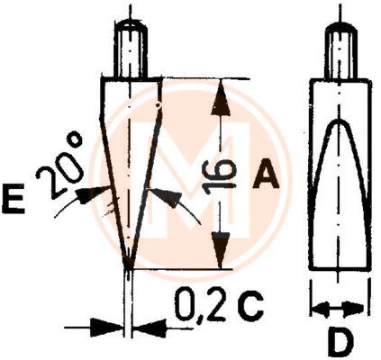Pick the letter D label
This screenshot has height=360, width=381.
pyautogui.click(x=340, y=341)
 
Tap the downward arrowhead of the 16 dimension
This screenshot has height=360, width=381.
pyautogui.click(x=222, y=250)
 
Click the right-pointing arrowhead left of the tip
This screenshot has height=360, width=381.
pyautogui.click(x=107, y=327)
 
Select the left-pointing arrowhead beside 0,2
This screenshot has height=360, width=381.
pyautogui.click(x=150, y=328)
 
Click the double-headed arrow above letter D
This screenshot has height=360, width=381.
pyautogui.click(x=339, y=309)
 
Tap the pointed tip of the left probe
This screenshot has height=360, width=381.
pyautogui.click(x=128, y=266)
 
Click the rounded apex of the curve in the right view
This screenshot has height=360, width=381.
pyautogui.click(x=339, y=120)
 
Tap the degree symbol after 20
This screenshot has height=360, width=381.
pyautogui.click(x=75, y=140)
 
